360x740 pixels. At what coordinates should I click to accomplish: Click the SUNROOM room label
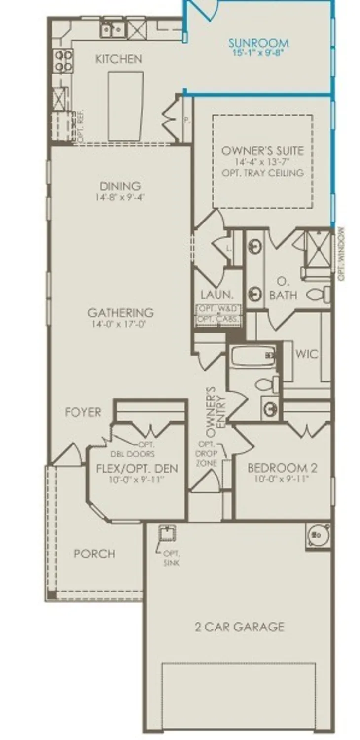tap(258, 43)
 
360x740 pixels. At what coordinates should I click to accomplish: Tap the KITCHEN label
tap(118, 59)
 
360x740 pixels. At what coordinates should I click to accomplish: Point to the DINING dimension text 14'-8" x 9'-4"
tap(120, 197)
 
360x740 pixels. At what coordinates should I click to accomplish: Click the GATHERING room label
tap(120, 313)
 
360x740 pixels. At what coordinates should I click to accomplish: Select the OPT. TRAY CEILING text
tap(262, 173)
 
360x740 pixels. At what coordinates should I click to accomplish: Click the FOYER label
tap(82, 412)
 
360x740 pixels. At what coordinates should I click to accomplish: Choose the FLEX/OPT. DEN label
tap(136, 468)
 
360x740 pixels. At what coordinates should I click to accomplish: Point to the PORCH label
tap(95, 554)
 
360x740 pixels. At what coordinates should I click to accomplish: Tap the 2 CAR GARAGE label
tap(239, 627)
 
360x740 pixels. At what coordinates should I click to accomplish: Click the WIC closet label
tap(306, 354)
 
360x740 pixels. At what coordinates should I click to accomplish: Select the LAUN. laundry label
tap(216, 295)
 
